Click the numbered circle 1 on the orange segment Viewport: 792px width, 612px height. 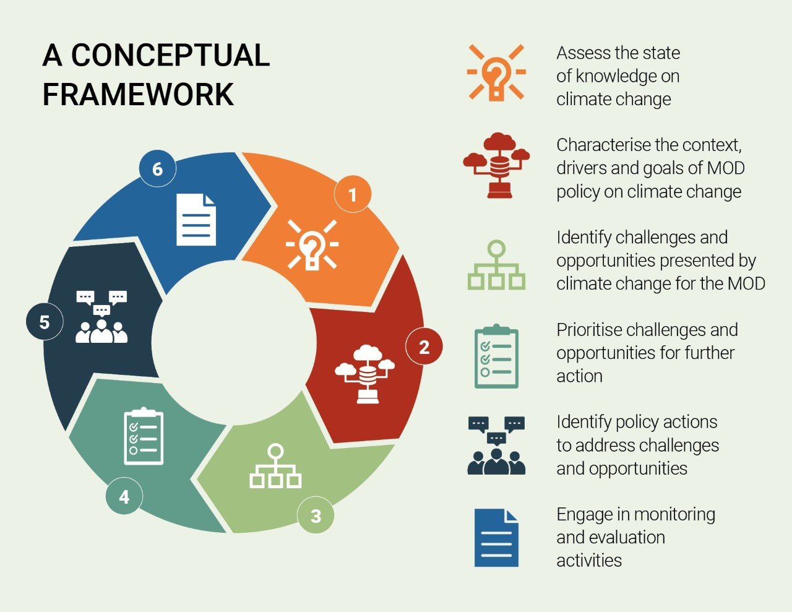(x=353, y=194)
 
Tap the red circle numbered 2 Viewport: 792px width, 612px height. (x=424, y=347)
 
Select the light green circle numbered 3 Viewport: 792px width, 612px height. (x=316, y=515)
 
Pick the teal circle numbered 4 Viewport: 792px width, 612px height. (x=124, y=496)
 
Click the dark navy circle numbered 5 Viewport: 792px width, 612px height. (x=45, y=322)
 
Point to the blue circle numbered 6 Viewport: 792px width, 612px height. (x=157, y=168)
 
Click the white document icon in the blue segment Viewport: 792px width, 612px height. (x=196, y=220)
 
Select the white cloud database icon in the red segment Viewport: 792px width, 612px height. (x=365, y=374)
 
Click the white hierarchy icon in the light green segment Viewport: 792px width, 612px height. (x=275, y=466)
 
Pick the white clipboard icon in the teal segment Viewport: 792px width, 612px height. (x=144, y=436)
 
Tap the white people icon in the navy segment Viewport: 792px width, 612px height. (x=101, y=317)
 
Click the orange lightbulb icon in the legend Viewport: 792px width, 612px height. (x=496, y=72)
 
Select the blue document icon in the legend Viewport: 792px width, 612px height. (x=496, y=538)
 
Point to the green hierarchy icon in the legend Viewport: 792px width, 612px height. (x=496, y=265)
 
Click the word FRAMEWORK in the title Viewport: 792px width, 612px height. (x=138, y=95)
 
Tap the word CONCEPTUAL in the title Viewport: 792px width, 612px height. (x=171, y=55)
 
